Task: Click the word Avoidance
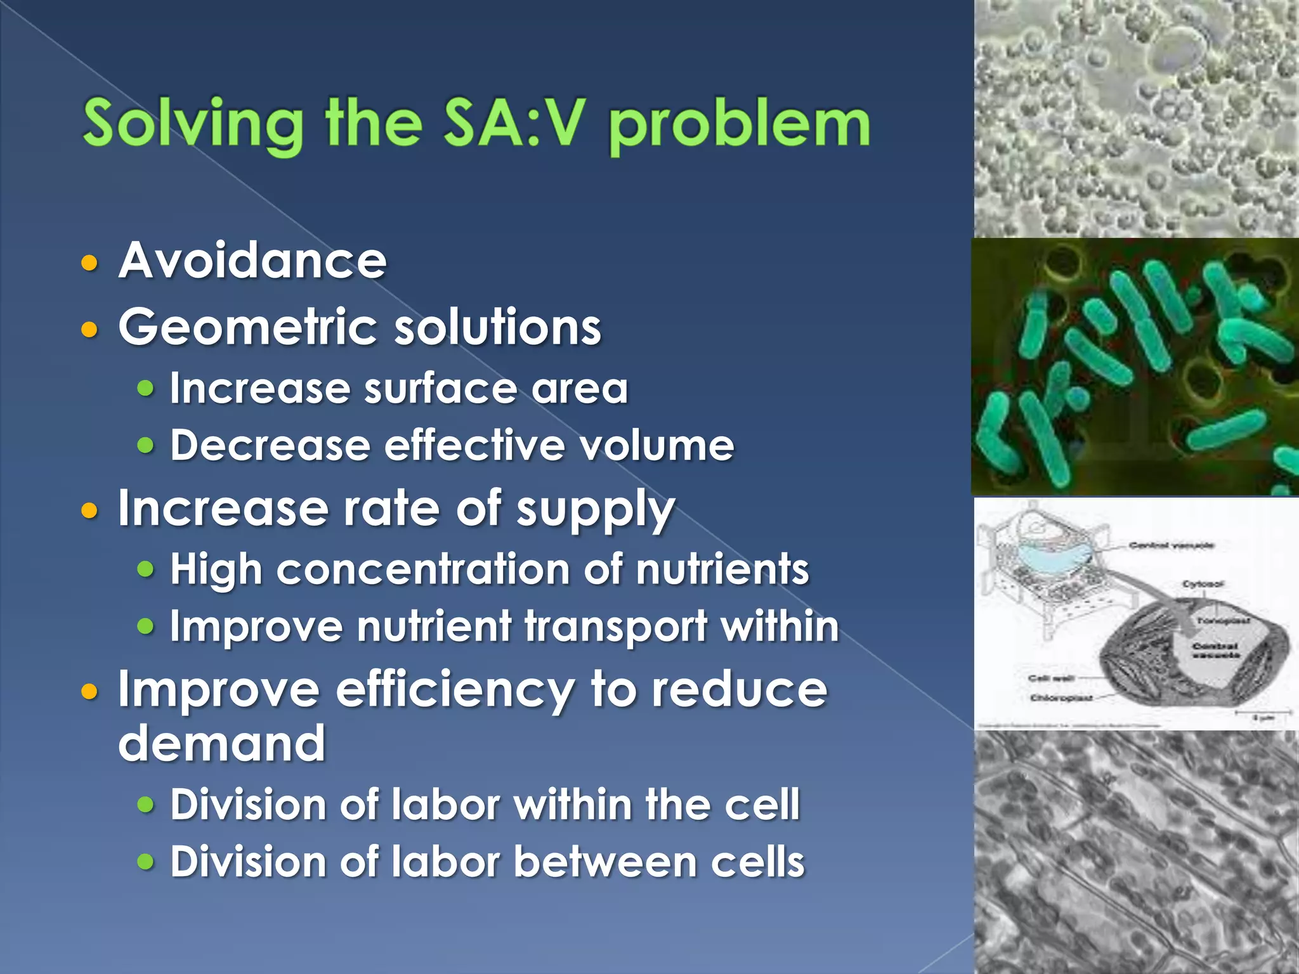coord(252,260)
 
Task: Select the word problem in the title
coord(739,124)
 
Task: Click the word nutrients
coord(722,569)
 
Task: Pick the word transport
coord(616,627)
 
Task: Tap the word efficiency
coord(454,689)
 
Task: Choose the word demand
coord(222,743)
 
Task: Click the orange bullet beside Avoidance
coord(90,262)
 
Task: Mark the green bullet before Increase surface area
coord(146,387)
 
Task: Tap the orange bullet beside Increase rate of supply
coord(90,510)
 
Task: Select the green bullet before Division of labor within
coord(146,805)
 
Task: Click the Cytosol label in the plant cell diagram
coord(1203,583)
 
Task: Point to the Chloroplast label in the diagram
coord(1061,698)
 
